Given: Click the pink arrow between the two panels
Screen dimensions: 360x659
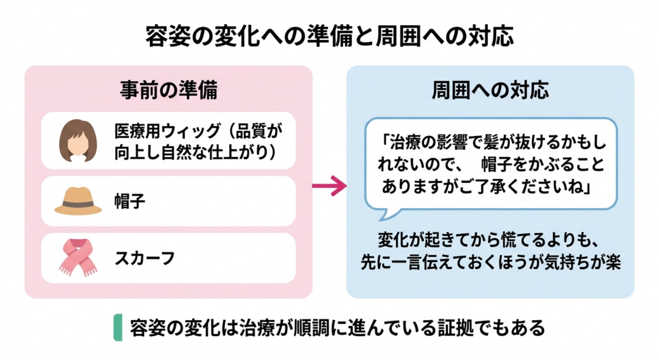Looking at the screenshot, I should point(328,187).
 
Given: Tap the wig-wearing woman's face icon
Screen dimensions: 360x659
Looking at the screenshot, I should point(78,141).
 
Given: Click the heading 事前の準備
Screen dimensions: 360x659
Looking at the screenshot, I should point(169,90).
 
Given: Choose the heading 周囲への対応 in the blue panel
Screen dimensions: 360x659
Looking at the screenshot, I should point(490,90).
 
